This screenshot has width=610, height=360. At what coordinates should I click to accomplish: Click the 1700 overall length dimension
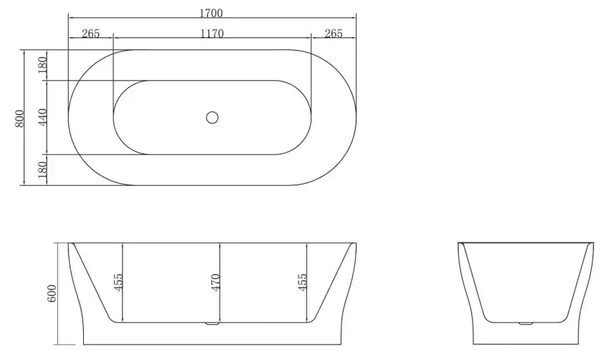click(212, 13)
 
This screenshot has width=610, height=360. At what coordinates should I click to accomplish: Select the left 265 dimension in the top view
click(91, 34)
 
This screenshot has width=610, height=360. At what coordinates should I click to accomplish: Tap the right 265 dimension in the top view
click(333, 34)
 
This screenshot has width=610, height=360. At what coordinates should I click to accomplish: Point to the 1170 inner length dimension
click(212, 34)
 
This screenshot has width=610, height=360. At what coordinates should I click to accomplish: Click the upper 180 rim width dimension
click(42, 65)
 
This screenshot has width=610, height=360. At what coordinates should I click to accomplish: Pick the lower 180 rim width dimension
click(42, 169)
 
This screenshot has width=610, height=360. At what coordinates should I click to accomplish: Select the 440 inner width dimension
click(42, 117)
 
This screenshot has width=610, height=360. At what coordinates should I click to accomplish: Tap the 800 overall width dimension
click(20, 117)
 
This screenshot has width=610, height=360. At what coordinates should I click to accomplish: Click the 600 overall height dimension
click(51, 294)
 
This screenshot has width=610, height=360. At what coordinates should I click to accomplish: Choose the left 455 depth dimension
click(118, 282)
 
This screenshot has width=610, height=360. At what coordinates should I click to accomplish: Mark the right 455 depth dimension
click(303, 282)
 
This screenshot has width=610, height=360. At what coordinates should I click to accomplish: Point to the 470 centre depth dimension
click(216, 282)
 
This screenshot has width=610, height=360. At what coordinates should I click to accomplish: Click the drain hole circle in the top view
click(212, 117)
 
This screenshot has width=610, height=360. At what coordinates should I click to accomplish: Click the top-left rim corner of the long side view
click(68, 244)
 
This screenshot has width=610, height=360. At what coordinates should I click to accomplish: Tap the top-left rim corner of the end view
click(459, 244)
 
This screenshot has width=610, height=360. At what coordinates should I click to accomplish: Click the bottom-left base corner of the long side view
click(84, 345)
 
